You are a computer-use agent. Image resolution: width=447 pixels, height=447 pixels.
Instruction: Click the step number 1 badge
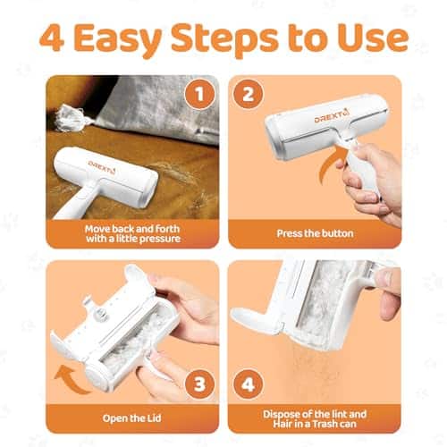point(199,94)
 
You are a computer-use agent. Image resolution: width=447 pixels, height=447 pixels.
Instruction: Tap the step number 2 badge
point(248,94)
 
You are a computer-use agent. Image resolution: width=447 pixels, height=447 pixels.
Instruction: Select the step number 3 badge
point(199,384)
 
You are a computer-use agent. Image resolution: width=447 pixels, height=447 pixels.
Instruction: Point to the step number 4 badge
point(248,384)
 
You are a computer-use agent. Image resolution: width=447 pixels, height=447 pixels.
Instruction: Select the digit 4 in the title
point(52,38)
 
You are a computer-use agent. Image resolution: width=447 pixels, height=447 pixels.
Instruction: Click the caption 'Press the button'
point(315,233)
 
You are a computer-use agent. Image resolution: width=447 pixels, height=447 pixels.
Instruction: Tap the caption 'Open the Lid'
point(131,418)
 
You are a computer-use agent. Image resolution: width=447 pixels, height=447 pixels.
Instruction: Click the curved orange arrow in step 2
point(329,167)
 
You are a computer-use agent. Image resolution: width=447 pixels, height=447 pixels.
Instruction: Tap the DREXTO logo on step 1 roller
point(101,167)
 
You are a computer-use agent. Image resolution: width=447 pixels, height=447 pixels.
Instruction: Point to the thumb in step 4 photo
point(390,293)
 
